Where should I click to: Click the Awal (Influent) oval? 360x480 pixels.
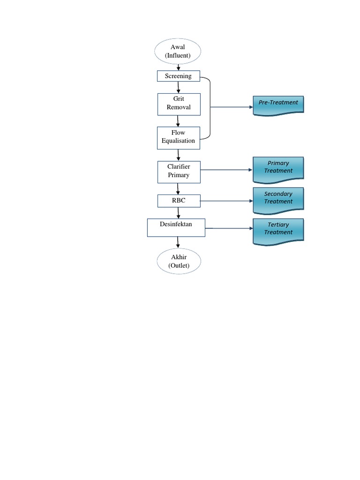tap(178, 51)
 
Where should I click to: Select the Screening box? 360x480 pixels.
tap(178, 76)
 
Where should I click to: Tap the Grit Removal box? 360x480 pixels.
tap(179, 104)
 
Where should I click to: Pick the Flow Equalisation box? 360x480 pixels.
tap(179, 137)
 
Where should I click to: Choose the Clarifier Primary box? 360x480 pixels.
tap(179, 172)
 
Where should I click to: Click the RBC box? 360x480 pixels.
tap(178, 201)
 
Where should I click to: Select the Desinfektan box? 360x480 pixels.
tap(176, 227)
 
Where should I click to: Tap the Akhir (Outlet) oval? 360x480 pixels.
tap(179, 261)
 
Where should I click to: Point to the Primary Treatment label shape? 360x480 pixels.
tap(278, 169)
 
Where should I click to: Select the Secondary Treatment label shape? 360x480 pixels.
tap(278, 199)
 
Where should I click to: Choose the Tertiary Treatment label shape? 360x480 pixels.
tap(278, 230)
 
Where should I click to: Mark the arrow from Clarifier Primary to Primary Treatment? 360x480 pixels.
tap(226, 170)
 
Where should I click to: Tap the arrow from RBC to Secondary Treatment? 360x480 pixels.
tap(226, 201)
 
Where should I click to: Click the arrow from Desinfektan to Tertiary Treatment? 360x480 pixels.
tap(229, 228)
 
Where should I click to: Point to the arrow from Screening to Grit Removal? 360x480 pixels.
tap(179, 87)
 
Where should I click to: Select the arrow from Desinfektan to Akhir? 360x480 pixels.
tap(178, 242)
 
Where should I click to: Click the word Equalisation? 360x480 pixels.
tap(178, 141)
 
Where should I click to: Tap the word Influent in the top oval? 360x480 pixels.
tap(178, 55)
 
